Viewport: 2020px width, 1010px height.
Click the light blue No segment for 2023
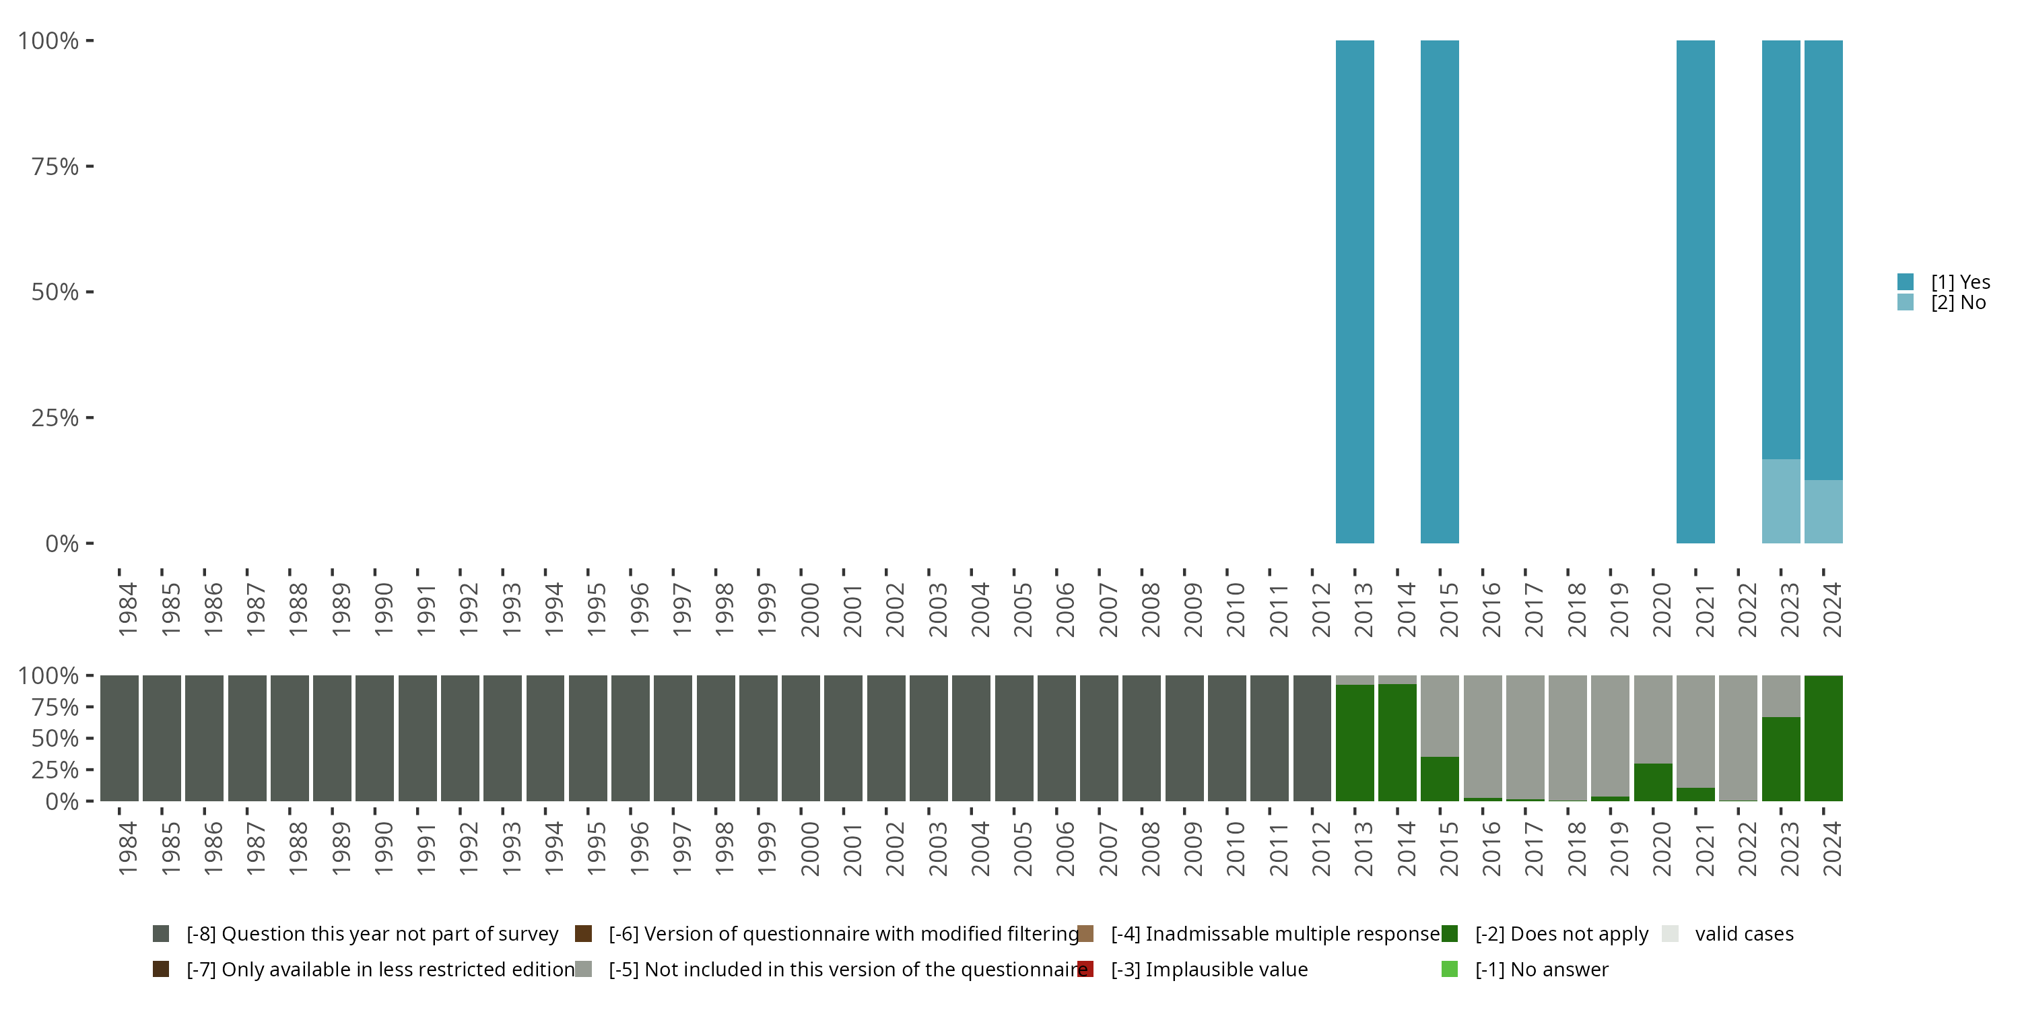tap(1780, 501)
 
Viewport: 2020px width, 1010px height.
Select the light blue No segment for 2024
tap(1823, 511)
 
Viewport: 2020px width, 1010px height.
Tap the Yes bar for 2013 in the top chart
tap(1354, 291)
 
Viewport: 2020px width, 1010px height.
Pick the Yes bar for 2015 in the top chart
tap(1439, 291)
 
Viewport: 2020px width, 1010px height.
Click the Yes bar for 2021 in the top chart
tap(1695, 291)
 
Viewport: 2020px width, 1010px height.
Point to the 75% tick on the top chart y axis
tap(55, 166)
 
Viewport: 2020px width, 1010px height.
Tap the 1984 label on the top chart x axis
tap(128, 609)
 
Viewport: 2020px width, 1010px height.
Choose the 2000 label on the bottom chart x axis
tap(809, 848)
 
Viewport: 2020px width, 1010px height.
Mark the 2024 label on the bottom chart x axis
tap(1831, 848)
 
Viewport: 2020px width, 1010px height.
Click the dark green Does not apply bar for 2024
tap(1823, 738)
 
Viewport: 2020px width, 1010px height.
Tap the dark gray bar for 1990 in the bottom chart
tap(374, 738)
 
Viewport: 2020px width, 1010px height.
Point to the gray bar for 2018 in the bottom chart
tap(1567, 738)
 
